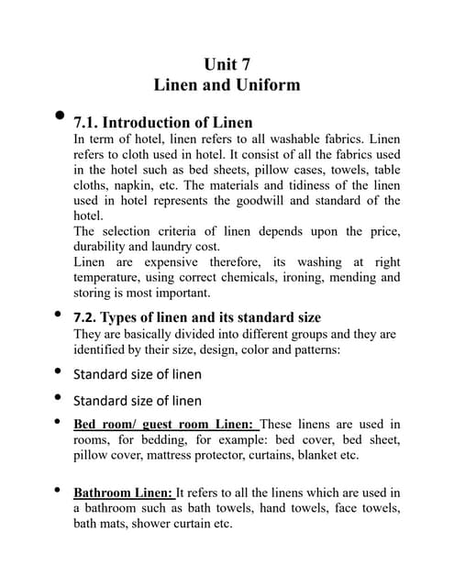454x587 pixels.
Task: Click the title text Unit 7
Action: (227, 64)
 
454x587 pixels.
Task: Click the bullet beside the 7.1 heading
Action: (60, 116)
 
